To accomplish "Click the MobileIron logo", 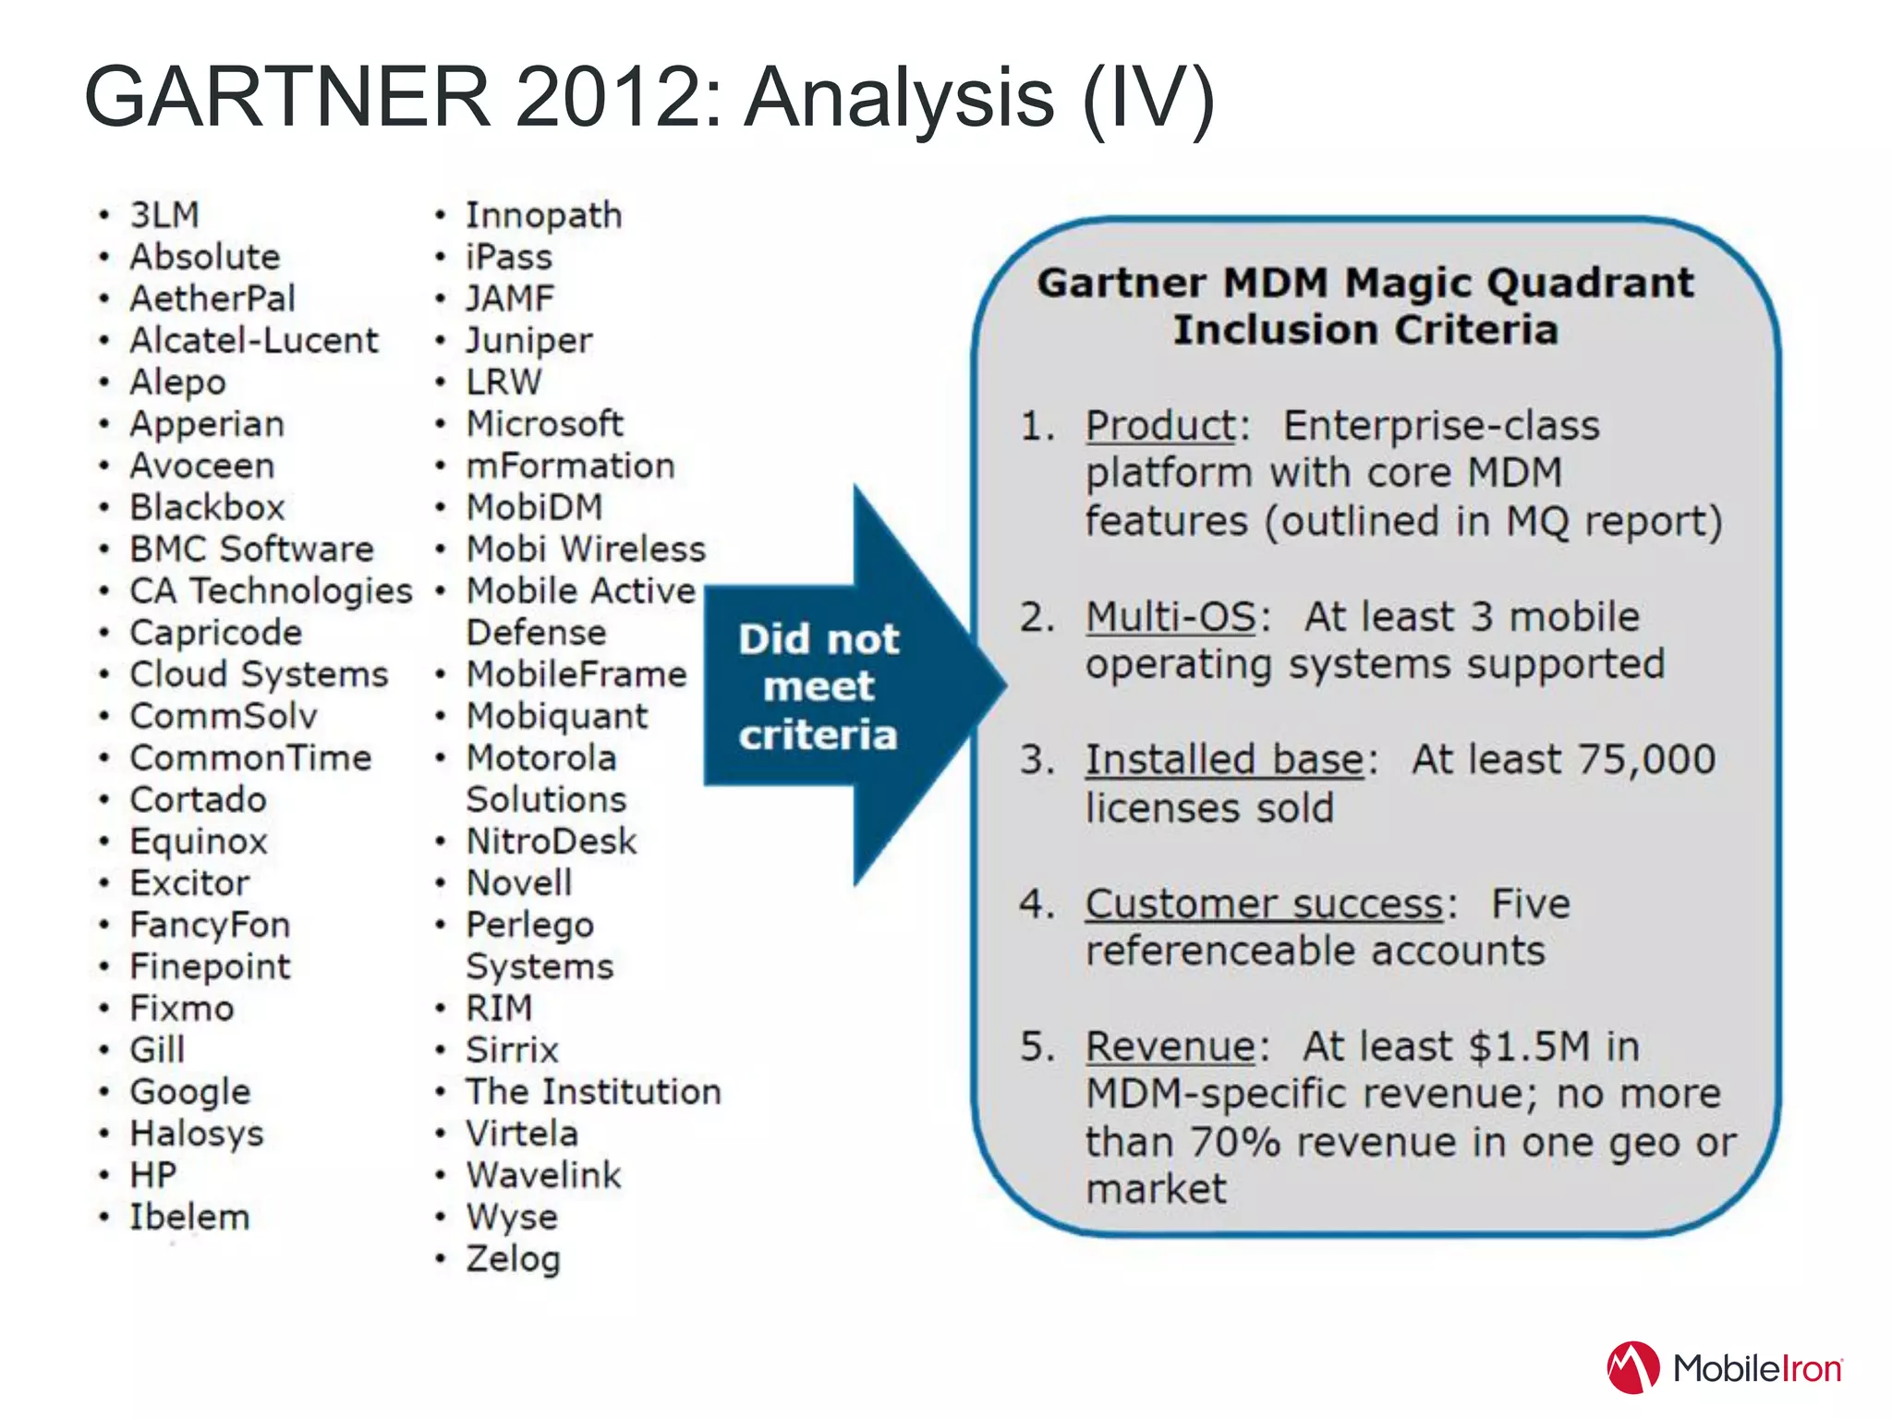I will tap(1724, 1367).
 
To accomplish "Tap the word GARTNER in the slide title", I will tap(287, 97).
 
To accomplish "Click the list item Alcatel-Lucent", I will tap(254, 341).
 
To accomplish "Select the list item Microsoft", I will tap(544, 424).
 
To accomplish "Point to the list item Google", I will tap(190, 1092).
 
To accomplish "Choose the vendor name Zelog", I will tap(513, 1259).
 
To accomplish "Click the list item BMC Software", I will tap(251, 550).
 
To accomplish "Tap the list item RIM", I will tap(499, 1008).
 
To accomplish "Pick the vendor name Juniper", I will tap(528, 341).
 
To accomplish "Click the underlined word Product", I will tap(1160, 426).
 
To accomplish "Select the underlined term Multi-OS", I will tap(1170, 617).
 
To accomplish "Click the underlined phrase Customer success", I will tap(1264, 904).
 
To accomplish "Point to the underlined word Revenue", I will tap(1170, 1047).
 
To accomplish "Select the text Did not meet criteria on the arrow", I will tap(818, 686).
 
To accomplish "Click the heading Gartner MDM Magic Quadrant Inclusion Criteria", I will tap(1365, 306).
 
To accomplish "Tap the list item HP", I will tap(153, 1175).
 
